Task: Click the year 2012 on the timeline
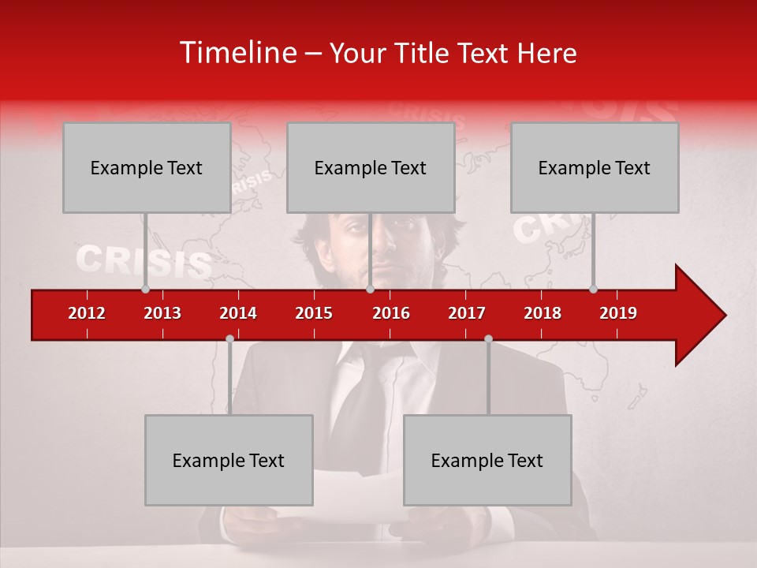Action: pos(87,313)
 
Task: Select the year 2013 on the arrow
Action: pos(162,313)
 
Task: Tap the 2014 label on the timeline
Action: pos(238,313)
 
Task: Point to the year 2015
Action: pos(314,313)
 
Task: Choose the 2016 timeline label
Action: pos(391,313)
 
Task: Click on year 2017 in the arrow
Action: pos(467,313)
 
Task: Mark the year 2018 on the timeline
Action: pos(543,313)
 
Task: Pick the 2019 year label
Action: pos(618,313)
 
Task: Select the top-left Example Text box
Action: pos(147,167)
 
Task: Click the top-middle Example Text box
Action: pos(371,167)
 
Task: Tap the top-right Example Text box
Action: pos(595,167)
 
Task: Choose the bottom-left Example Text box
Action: pos(229,460)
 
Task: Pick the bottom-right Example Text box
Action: pos(487,460)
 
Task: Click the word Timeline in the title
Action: pos(237,53)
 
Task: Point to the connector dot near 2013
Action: pos(145,289)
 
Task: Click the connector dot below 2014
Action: pos(229,338)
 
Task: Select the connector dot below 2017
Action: pos(488,338)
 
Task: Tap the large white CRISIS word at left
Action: pos(144,262)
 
